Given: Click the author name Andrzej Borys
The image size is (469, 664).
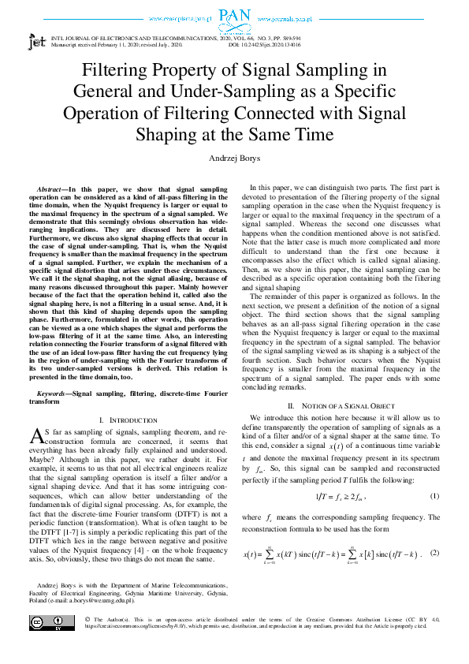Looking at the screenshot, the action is coord(234,158).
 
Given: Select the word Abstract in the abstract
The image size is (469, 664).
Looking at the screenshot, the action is coord(50,190).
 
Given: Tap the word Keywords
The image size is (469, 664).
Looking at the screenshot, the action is coord(51,392).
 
